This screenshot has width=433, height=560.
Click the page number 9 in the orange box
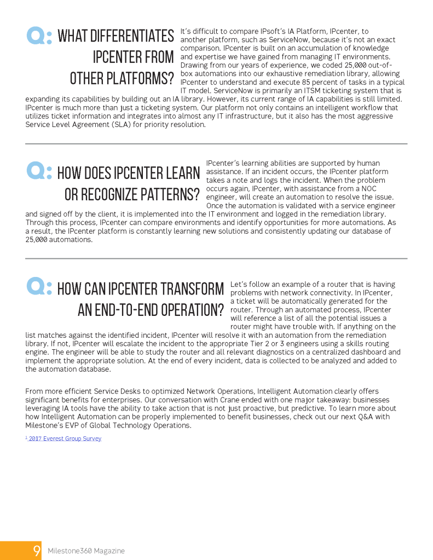click(x=37, y=550)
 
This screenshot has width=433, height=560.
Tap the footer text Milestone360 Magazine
click(x=86, y=551)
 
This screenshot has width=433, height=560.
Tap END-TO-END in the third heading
click(x=120, y=310)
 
